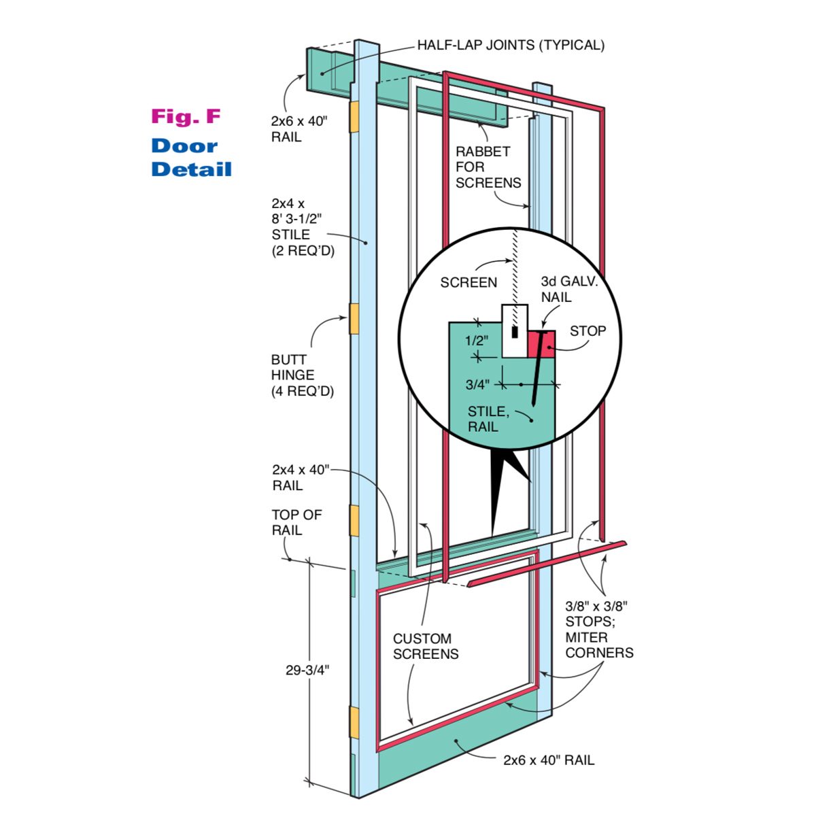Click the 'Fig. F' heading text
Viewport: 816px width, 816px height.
coord(186,116)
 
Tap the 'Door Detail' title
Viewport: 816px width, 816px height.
coord(191,157)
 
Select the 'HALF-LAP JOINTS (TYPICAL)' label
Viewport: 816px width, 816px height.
coord(511,46)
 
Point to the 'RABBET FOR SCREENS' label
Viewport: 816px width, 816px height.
coord(488,167)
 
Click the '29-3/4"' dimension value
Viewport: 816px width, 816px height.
coord(307,669)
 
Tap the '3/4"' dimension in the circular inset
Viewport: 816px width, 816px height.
coord(477,384)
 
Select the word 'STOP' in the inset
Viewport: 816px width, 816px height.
coord(588,331)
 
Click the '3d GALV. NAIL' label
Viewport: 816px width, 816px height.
coord(569,289)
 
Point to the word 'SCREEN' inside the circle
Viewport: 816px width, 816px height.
coord(469,282)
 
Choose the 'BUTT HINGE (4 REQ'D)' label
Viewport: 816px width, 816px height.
coord(303,375)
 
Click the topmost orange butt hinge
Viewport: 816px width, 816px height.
coord(354,117)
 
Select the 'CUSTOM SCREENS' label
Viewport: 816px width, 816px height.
coord(426,646)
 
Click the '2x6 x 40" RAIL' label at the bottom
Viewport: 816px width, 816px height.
coord(548,760)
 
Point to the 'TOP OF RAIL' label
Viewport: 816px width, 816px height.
coord(296,522)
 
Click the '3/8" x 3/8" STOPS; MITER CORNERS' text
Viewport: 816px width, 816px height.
coord(599,629)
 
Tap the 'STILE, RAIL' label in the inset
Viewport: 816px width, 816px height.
coord(488,419)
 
